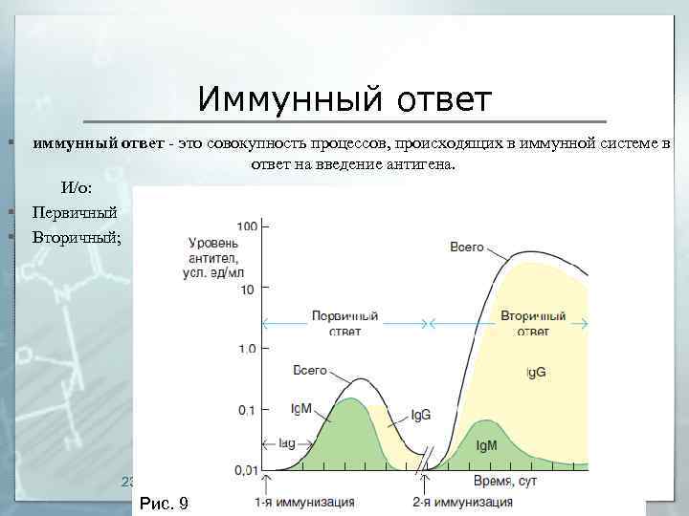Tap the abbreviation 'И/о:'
77,187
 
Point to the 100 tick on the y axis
248,226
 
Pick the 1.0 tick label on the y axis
247,350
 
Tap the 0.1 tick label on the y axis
247,410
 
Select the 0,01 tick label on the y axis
244,470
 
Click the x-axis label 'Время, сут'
505,482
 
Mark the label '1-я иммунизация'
304,502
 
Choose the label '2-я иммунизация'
462,502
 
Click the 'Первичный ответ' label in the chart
344,323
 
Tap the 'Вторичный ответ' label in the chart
533,323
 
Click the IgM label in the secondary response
485,445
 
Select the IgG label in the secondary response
536,372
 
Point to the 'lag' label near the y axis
288,444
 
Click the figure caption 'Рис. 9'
165,503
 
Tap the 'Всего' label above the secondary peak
466,247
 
